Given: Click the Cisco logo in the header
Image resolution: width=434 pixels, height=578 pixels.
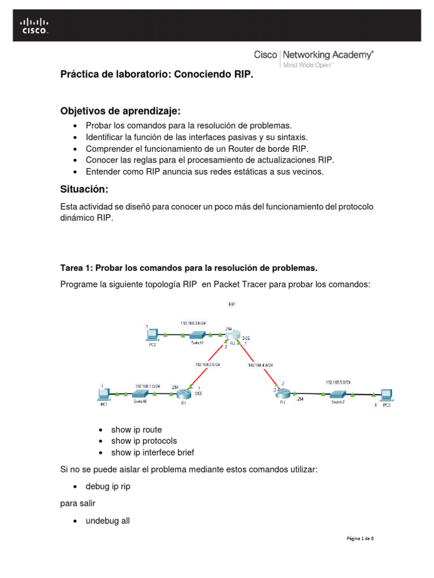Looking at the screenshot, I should click(34, 26).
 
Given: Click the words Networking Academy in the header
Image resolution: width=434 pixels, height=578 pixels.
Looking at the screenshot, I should click(327, 55).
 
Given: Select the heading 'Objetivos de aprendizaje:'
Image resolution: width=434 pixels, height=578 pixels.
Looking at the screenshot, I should click(120, 110).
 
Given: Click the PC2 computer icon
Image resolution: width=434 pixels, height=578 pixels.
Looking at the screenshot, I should click(151, 334).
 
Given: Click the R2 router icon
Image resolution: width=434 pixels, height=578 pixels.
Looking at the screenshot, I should click(233, 335).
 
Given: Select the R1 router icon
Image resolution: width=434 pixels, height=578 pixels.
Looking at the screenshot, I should click(184, 394).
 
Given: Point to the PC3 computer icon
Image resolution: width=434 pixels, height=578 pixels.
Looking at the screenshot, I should click(387, 394).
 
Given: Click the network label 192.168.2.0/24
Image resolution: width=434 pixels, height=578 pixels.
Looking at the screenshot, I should click(207, 364).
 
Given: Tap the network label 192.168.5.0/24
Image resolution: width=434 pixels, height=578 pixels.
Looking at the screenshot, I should click(338, 382).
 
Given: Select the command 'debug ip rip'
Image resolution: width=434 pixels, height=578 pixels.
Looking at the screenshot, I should click(108, 486).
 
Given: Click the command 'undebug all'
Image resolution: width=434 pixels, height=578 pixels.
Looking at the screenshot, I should click(107, 521).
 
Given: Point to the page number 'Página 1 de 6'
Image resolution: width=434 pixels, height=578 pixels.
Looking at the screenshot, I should click(360, 538).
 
